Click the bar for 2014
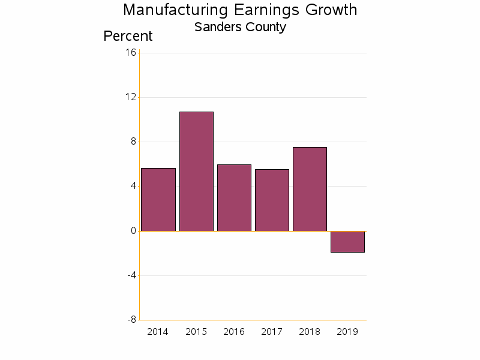pyautogui.click(x=158, y=200)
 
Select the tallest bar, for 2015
pyautogui.click(x=196, y=172)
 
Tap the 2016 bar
pyautogui.click(x=234, y=198)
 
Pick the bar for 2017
pyautogui.click(x=272, y=200)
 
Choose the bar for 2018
pyautogui.click(x=310, y=189)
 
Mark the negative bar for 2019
pyautogui.click(x=347, y=242)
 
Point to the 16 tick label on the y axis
pyautogui.click(x=131, y=53)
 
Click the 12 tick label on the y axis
pyautogui.click(x=131, y=97)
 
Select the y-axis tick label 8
pyautogui.click(x=133, y=142)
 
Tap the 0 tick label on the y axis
pyautogui.click(x=133, y=231)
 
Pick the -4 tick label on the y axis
pyautogui.click(x=131, y=275)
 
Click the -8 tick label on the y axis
pyautogui.click(x=131, y=320)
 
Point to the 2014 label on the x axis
pyautogui.click(x=158, y=332)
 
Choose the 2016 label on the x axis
pyautogui.click(x=234, y=332)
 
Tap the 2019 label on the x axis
pyautogui.click(x=347, y=332)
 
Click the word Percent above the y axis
pyautogui.click(x=128, y=36)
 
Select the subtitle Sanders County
pyautogui.click(x=240, y=27)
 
